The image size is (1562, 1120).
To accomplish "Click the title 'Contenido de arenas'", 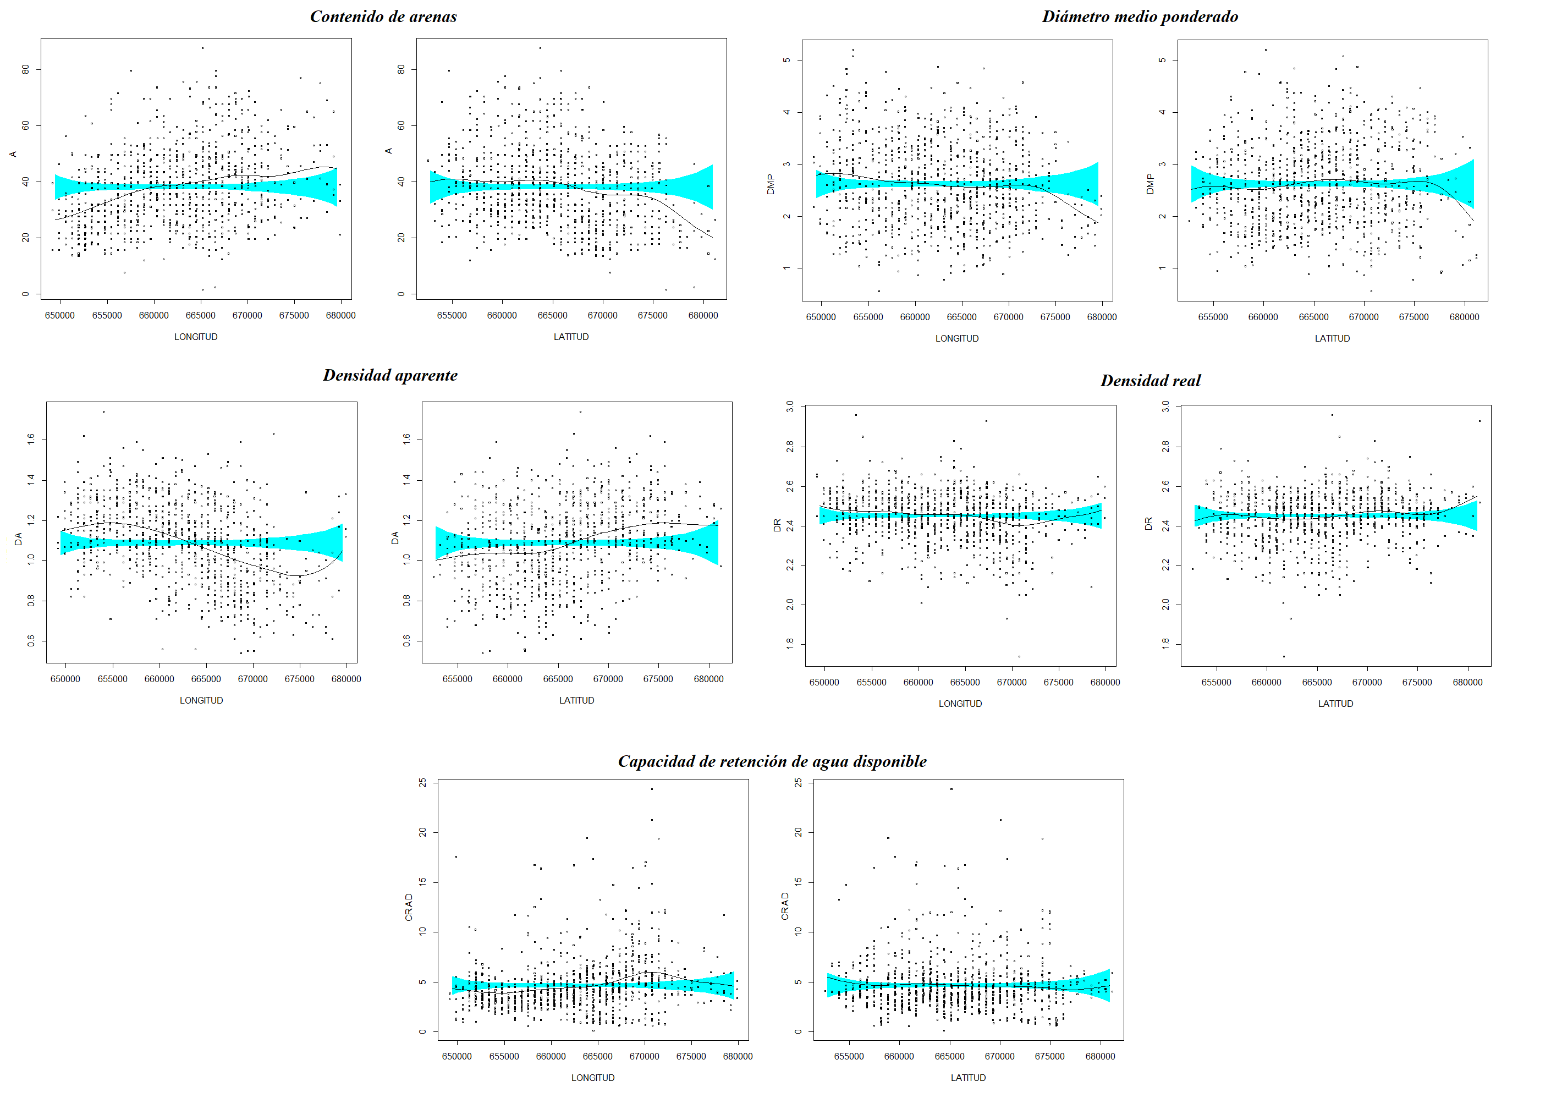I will click(x=383, y=17).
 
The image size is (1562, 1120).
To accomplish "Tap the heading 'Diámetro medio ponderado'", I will click(x=1139, y=17).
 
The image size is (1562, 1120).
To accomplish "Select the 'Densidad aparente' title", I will click(x=390, y=375).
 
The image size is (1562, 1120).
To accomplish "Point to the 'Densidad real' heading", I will click(x=1150, y=381).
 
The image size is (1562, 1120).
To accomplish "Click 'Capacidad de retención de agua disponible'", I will click(x=772, y=761).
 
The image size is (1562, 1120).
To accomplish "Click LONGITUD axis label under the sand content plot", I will click(x=196, y=337).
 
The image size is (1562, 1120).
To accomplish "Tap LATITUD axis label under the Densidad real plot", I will click(x=1335, y=703).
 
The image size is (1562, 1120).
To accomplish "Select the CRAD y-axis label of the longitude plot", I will click(x=409, y=907).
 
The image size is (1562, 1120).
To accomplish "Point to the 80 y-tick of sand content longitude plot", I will click(x=25, y=69).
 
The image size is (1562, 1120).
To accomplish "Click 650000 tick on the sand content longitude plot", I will click(x=60, y=315).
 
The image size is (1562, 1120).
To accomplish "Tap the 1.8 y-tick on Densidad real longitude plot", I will click(x=789, y=644).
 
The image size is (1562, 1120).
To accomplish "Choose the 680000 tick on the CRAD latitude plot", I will click(x=1100, y=1056).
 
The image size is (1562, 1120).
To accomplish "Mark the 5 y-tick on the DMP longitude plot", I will click(x=786, y=61).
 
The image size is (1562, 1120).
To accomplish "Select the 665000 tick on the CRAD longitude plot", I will click(x=597, y=1056).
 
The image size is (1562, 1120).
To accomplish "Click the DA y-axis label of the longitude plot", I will click(x=19, y=539).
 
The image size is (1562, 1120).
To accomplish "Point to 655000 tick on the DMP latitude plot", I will click(x=1213, y=317).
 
